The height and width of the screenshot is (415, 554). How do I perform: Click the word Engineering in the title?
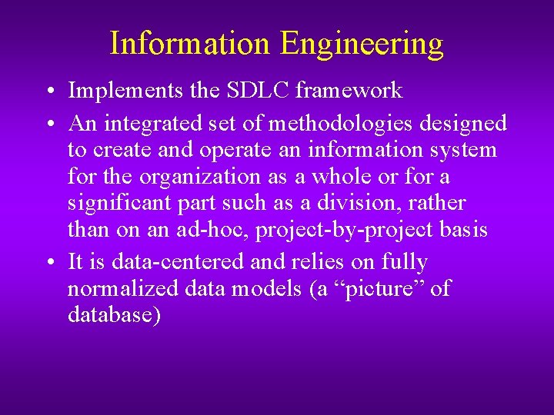coord(362,44)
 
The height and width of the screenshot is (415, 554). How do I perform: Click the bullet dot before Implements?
coord(48,91)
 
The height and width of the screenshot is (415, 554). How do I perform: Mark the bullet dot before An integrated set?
coord(48,124)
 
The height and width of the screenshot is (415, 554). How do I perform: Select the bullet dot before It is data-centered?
coord(48,263)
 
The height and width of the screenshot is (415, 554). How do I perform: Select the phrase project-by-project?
coord(347,231)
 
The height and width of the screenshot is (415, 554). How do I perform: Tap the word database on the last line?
coord(114,316)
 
